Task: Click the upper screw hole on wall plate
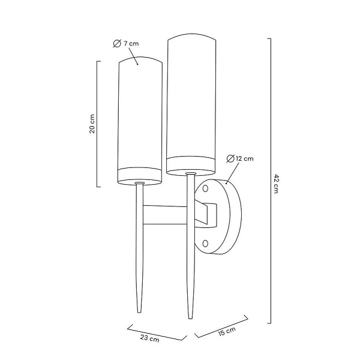[x=205, y=188]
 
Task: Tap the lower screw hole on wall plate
[x=206, y=243]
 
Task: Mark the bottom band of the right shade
[x=190, y=164]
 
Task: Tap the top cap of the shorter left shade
[x=140, y=61]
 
